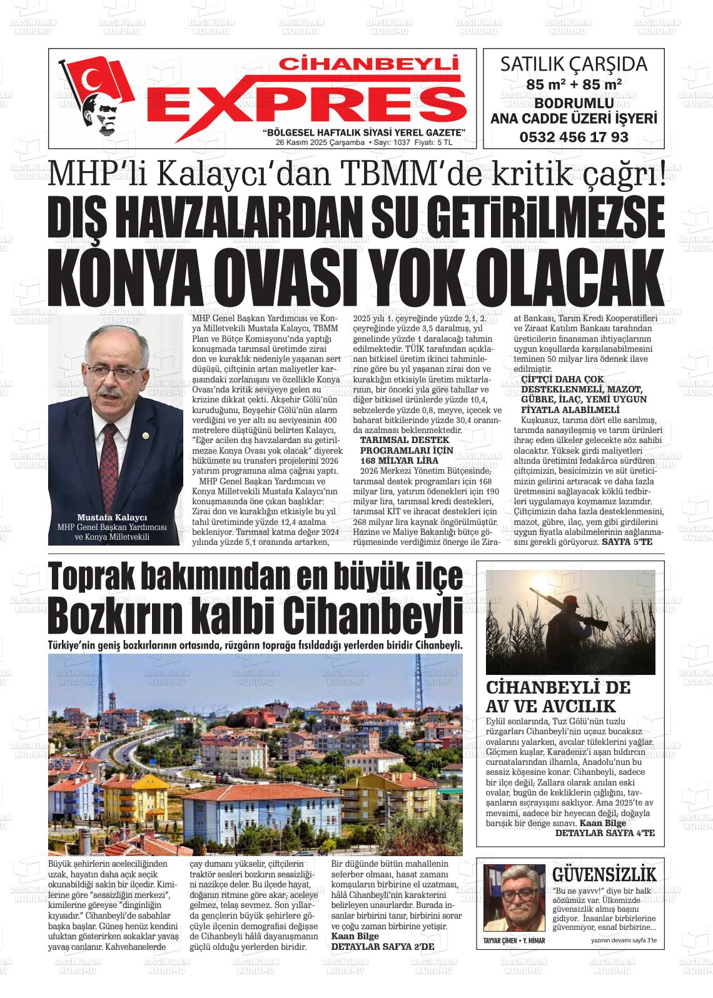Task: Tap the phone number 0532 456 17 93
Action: point(574,137)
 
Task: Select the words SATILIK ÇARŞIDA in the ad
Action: point(574,65)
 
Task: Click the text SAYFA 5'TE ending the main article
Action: point(627,541)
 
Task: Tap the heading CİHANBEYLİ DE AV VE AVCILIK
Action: point(559,697)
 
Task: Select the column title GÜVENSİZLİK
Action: point(604,874)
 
